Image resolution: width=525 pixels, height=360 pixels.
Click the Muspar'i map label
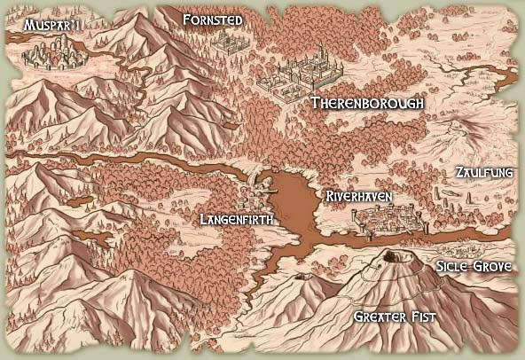tap(42, 24)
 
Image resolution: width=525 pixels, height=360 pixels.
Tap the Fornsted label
tap(212, 19)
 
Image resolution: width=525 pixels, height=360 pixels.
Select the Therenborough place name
tap(367, 104)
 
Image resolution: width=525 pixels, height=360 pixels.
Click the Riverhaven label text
tap(359, 195)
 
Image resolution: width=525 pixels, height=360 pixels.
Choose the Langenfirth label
tap(235, 218)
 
